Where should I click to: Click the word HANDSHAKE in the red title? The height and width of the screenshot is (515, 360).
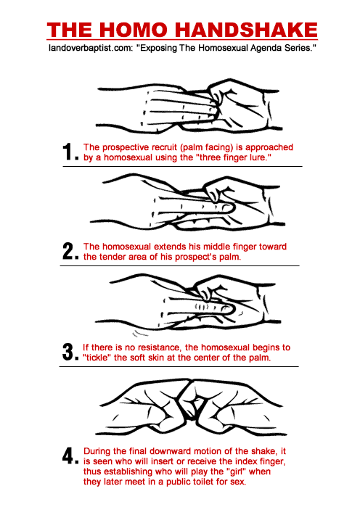pyautogui.click(x=247, y=30)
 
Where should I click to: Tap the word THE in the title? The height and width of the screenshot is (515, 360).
pyautogui.click(x=70, y=30)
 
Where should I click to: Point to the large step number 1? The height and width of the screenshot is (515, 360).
pyautogui.click(x=68, y=152)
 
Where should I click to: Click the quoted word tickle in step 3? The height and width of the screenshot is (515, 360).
pyautogui.click(x=97, y=358)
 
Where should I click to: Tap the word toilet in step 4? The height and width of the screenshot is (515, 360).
pyautogui.click(x=205, y=482)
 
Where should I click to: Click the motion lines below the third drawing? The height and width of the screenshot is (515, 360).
pyautogui.click(x=140, y=334)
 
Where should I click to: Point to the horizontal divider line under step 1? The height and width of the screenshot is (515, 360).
pyautogui.click(x=182, y=167)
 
